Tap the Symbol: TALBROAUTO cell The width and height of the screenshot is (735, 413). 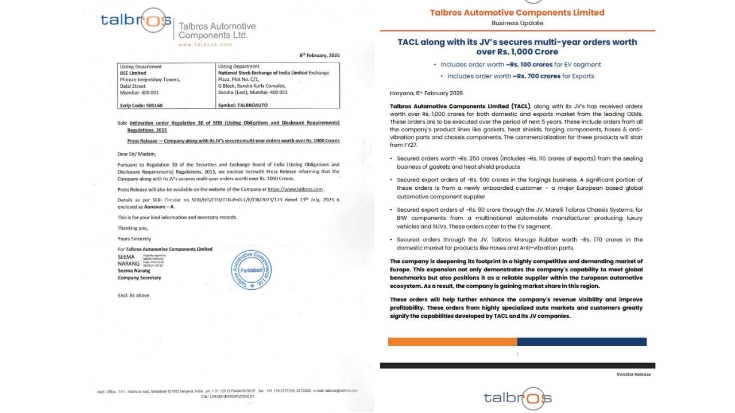click(x=243, y=106)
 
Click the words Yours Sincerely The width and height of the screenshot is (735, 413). click(x=134, y=239)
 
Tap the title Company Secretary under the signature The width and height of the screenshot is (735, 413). click(x=140, y=278)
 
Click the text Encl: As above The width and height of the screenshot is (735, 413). click(x=133, y=295)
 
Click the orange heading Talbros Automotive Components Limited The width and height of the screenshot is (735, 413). click(x=517, y=12)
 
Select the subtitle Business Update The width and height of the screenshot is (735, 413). click(x=517, y=23)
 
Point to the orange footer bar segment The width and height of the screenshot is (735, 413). click(x=452, y=341)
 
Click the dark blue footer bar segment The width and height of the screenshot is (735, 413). click(x=582, y=341)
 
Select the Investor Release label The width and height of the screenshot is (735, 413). click(x=634, y=375)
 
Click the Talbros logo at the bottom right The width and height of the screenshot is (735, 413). click(x=517, y=398)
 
